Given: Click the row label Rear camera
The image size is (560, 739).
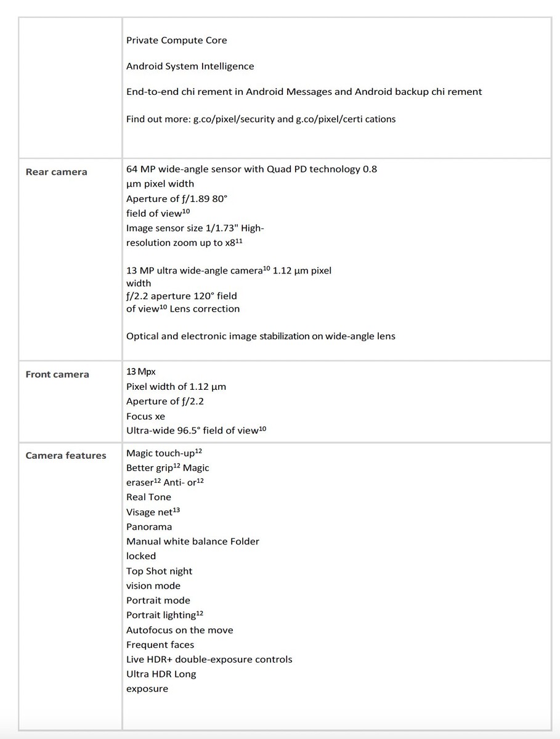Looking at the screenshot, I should [56, 172].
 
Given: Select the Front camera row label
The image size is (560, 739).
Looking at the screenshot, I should [57, 374].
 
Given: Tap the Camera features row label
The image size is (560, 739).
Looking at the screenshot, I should [66, 456].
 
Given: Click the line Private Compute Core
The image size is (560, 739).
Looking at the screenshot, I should [176, 41].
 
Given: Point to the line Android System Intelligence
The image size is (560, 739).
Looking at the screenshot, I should [190, 67].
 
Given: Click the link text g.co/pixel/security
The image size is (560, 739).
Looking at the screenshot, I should [234, 119].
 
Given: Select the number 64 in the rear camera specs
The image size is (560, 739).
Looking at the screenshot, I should [132, 169].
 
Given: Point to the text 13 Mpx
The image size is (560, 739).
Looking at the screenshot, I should [137, 371].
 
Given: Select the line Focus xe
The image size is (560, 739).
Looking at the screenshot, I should [145, 416].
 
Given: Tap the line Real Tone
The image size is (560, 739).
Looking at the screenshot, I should [148, 498].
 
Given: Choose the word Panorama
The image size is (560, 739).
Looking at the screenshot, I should [149, 527].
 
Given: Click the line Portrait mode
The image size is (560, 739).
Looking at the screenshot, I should [158, 600].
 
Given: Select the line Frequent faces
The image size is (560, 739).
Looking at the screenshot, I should [160, 645].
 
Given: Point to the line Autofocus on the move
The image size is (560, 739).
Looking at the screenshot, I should [179, 630].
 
